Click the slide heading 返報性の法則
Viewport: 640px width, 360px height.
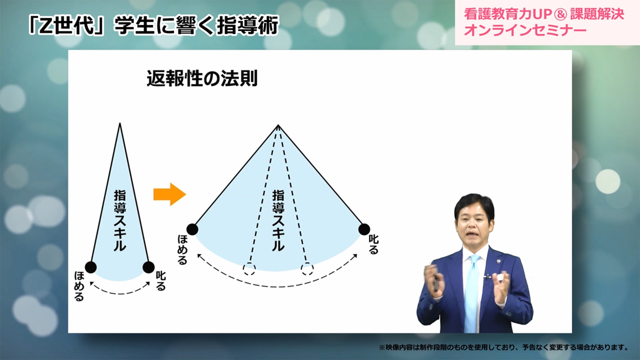[202, 78]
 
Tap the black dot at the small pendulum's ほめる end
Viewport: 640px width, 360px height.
[91, 267]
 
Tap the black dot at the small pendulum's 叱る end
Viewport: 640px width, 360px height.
[149, 267]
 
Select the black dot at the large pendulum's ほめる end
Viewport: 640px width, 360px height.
[192, 229]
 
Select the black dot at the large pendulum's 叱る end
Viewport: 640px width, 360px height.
[364, 229]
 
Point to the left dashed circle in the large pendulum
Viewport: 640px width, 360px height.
[249, 269]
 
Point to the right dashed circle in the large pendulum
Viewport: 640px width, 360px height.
[307, 269]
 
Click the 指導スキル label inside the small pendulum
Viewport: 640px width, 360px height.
[120, 220]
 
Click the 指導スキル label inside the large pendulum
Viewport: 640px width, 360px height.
[278, 220]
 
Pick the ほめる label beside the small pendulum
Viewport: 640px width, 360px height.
[79, 286]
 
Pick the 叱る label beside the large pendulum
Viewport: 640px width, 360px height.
[374, 244]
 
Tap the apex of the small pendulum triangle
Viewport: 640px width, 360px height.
[120, 124]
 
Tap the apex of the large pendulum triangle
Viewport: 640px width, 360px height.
[278, 126]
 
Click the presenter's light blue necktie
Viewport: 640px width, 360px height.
[472, 293]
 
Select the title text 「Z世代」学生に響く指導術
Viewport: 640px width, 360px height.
[153, 25]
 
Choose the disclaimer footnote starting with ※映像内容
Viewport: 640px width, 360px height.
[503, 347]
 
